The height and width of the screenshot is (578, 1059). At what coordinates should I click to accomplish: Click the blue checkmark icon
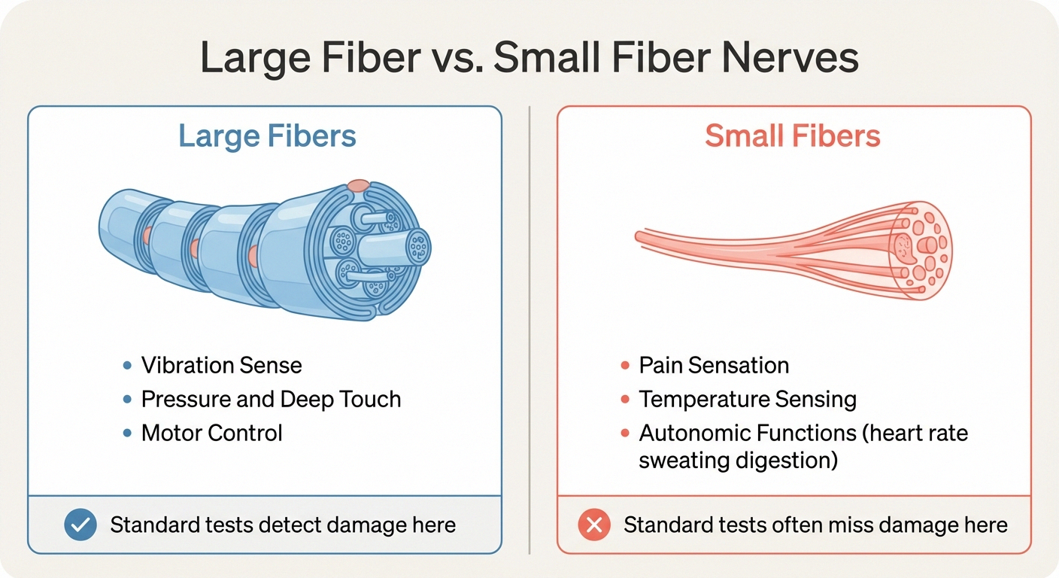[80, 525]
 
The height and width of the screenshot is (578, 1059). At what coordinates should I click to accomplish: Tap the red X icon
[594, 525]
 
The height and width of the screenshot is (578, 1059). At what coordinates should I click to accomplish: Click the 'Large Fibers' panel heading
[267, 137]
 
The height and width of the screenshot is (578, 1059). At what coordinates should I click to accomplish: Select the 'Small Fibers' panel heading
[793, 137]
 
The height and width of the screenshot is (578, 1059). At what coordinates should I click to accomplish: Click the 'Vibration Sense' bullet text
[222, 366]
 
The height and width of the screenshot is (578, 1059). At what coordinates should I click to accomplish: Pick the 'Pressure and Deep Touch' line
[271, 399]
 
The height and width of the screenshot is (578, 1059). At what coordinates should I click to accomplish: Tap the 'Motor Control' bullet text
[212, 433]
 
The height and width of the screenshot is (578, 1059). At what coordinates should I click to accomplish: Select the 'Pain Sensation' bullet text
[714, 366]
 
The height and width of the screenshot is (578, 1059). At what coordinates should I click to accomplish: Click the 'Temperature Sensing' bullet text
[748, 399]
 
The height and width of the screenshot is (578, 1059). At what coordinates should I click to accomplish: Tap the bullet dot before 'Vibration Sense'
[126, 367]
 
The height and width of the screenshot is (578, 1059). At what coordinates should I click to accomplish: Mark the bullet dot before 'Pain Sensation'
[624, 367]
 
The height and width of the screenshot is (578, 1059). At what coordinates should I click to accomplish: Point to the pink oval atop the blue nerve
[359, 185]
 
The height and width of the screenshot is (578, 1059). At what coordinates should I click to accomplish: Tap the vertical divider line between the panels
[529, 331]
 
